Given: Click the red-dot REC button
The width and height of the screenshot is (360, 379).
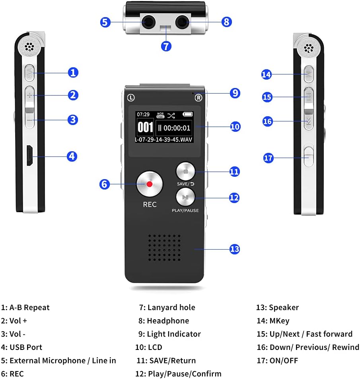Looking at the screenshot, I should tap(150, 184).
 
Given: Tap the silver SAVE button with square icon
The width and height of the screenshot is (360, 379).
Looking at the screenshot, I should tap(186, 172).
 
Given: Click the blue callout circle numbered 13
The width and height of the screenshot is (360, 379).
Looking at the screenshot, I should tap(235, 249).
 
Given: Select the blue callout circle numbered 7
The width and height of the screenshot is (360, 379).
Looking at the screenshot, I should tap(166, 46).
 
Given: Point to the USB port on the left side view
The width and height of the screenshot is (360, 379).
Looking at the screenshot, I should tap(29, 156).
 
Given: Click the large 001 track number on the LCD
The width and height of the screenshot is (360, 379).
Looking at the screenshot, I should tap(145, 127).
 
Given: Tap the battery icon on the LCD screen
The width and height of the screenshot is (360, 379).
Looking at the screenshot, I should tap(188, 115).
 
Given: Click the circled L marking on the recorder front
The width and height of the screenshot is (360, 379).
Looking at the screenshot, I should tap(131, 97).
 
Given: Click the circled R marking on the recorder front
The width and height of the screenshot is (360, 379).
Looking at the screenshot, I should tap(198, 98).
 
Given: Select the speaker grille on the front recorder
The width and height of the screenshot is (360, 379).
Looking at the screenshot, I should tap(164, 248).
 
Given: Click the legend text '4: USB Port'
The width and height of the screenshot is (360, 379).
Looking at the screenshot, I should tap(21, 347).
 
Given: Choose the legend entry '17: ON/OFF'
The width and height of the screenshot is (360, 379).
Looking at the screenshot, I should tap(277, 361).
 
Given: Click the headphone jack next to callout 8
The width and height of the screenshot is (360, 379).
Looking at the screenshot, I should tap(183, 21).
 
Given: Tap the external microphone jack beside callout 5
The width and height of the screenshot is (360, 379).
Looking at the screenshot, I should tap(148, 22).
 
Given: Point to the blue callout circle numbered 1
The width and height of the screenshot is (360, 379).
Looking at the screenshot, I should tap(73, 72).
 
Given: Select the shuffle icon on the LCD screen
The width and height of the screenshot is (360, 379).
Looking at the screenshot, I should tap(171, 115).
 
